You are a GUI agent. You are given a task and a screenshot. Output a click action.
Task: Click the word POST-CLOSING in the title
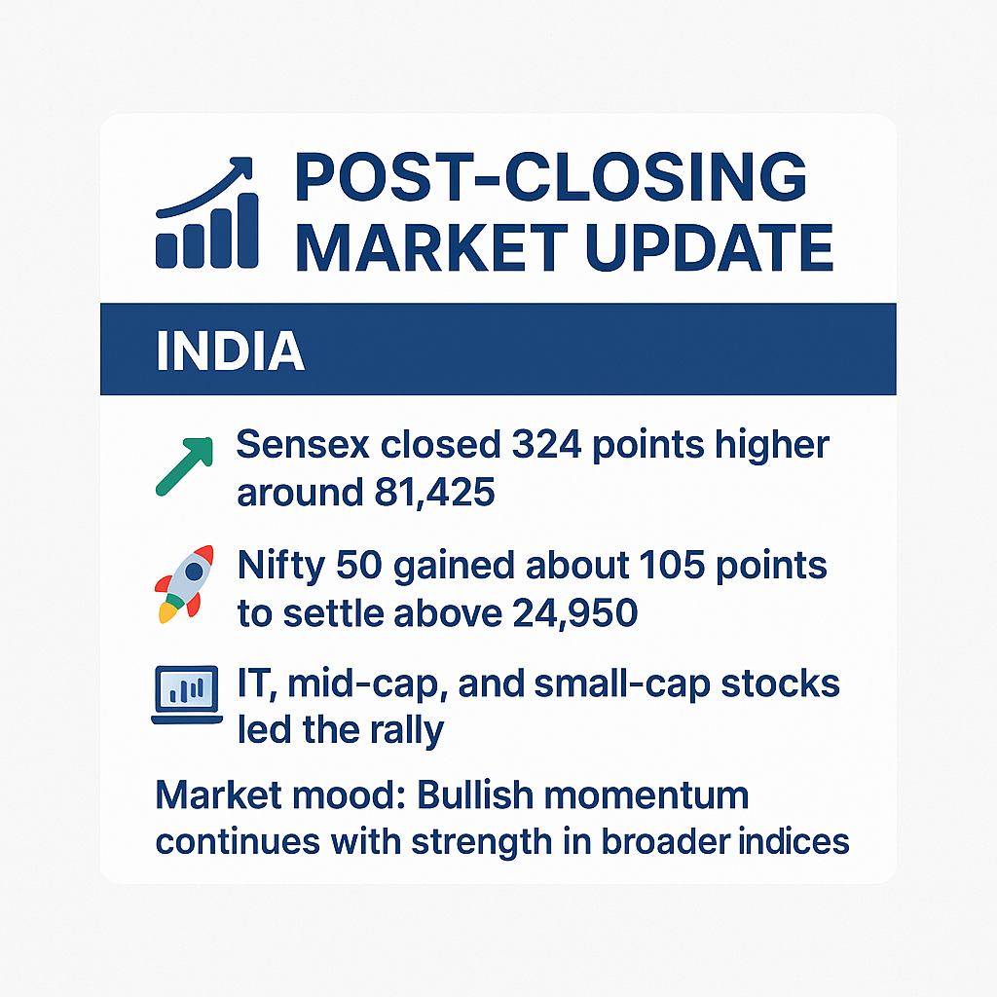click(551, 177)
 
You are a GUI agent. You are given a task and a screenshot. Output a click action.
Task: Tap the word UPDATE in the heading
click(709, 248)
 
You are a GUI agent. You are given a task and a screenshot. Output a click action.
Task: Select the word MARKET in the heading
click(432, 248)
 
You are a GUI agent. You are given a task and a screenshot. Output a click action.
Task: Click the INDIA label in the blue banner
click(230, 351)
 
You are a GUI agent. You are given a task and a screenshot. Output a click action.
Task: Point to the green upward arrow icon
click(184, 466)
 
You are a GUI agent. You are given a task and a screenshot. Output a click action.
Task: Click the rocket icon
click(185, 583)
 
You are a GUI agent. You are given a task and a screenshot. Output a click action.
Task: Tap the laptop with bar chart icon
click(187, 694)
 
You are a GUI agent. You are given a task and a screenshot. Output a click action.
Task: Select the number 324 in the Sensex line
click(547, 444)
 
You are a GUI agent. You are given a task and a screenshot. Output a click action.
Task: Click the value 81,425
click(435, 492)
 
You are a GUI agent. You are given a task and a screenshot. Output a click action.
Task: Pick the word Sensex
click(303, 444)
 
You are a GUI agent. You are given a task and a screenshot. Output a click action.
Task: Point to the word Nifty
click(281, 566)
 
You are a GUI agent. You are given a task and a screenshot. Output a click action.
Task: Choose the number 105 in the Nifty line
click(672, 565)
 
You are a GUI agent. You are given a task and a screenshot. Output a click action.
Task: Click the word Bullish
click(475, 794)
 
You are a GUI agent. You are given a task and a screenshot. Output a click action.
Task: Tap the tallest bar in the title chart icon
click(248, 230)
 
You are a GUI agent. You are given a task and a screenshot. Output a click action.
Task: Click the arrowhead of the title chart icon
click(241, 167)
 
